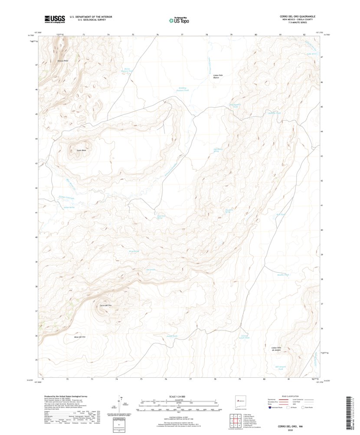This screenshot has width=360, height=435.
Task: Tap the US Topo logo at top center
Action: (179, 19)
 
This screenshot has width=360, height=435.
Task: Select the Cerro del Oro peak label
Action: (106, 306)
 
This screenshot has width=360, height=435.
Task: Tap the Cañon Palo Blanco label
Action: (218, 76)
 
